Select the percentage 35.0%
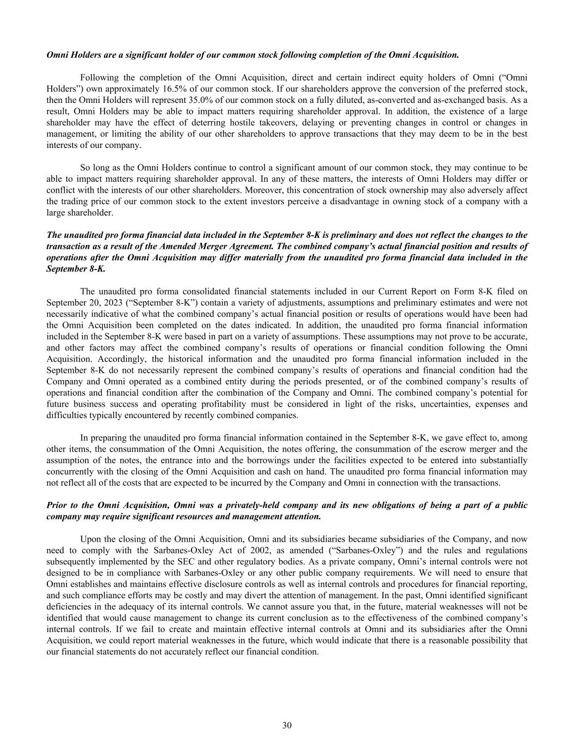pyautogui.click(x=216, y=100)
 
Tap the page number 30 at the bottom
pyautogui.click(x=287, y=725)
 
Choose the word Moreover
pyautogui.click(x=262, y=191)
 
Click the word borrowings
pyautogui.click(x=287, y=460)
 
